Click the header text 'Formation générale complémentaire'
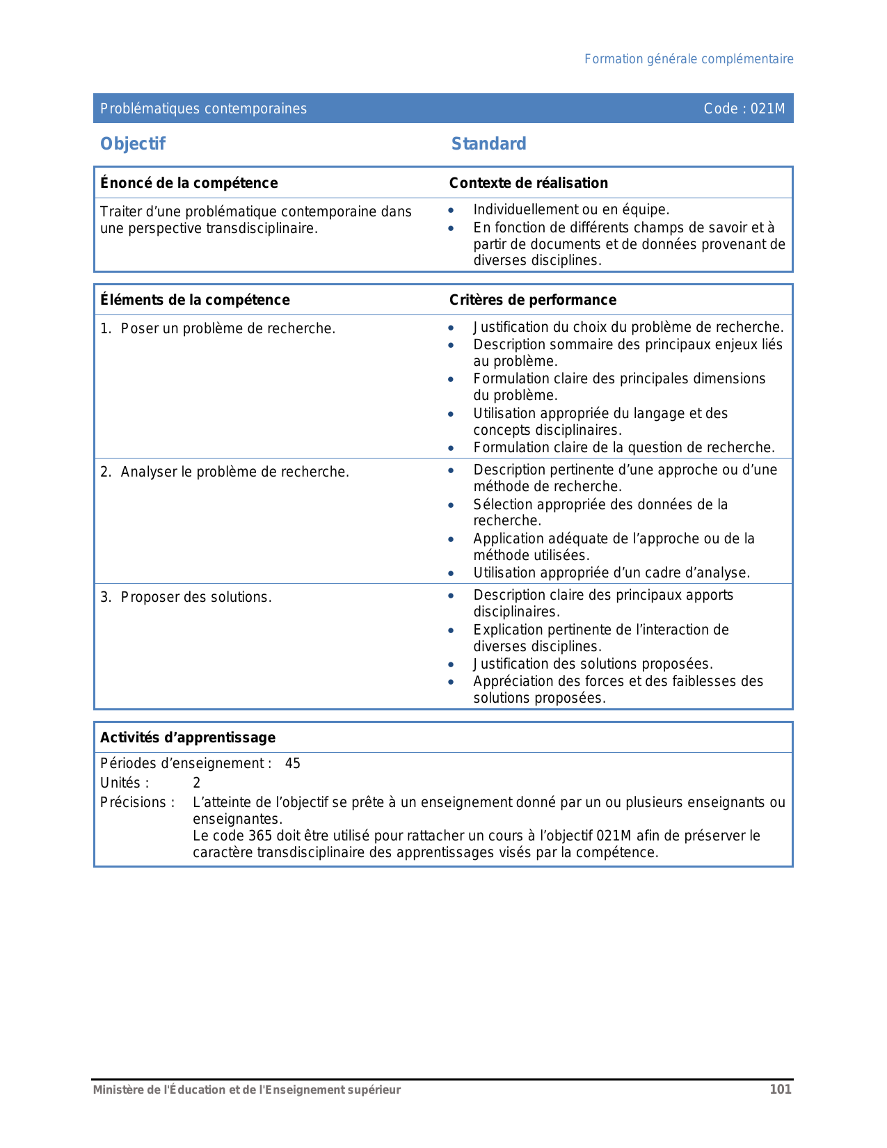pyautogui.click(x=688, y=59)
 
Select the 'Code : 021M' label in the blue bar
pyautogui.click(x=744, y=109)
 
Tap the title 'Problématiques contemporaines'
pyautogui.click(x=203, y=109)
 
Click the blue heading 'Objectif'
pyautogui.click(x=133, y=144)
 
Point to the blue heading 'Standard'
pyautogui.click(x=488, y=144)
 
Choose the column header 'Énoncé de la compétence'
pyautogui.click(x=189, y=183)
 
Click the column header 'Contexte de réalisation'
pyautogui.click(x=528, y=183)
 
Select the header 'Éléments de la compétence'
pyautogui.click(x=195, y=300)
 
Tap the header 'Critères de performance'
pyautogui.click(x=532, y=300)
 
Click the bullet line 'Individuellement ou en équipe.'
pyautogui.click(x=570, y=210)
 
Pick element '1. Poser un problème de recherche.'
pyautogui.click(x=218, y=328)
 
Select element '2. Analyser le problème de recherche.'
pyautogui.click(x=225, y=472)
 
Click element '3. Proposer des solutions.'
pyautogui.click(x=186, y=598)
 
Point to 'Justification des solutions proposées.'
pyautogui.click(x=593, y=664)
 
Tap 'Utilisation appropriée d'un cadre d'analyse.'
pyautogui.click(x=611, y=573)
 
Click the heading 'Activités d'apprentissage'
pyautogui.click(x=188, y=738)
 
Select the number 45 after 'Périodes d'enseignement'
pyautogui.click(x=293, y=764)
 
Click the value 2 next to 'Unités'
pyautogui.click(x=197, y=783)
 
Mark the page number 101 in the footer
pyautogui.click(x=780, y=1090)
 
